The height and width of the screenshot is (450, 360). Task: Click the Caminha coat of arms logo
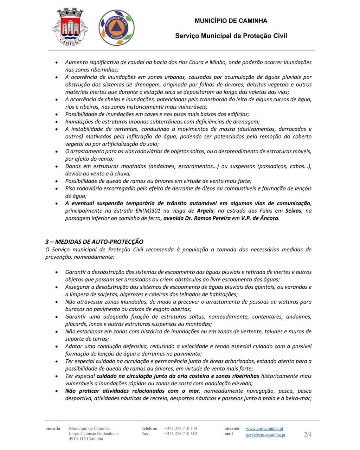70,27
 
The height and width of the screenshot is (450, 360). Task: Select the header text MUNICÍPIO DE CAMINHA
231,21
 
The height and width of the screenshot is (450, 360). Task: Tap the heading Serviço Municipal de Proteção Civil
231,36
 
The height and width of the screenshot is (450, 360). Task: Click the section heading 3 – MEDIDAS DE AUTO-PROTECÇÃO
94,242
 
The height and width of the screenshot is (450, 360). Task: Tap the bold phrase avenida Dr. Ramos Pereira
197,218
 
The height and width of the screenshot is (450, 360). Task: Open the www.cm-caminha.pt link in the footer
264,428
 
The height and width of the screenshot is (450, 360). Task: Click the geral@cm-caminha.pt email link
265,435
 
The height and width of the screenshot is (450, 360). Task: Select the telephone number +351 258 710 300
180,428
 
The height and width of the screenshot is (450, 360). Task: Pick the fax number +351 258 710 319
180,433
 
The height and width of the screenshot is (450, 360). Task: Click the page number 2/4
308,435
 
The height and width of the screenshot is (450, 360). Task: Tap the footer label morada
52,428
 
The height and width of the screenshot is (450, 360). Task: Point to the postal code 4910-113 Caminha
86,439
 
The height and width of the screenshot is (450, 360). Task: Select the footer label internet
232,428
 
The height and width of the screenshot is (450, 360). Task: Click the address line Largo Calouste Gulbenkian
93,433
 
